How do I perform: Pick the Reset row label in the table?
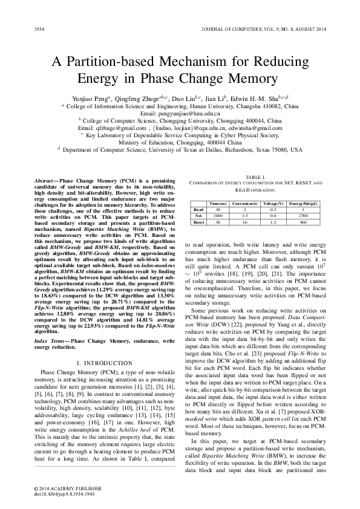197,222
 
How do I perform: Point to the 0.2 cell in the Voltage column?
273,210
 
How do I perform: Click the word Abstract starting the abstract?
43,181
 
